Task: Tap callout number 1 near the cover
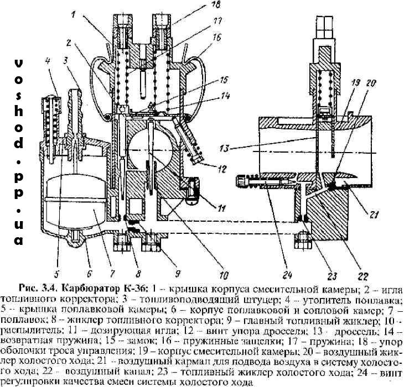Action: coord(74,15)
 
